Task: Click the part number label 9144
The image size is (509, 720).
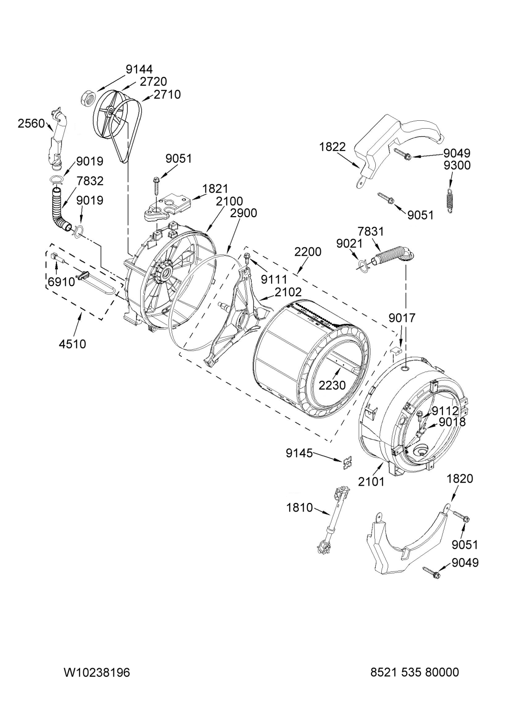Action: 139,69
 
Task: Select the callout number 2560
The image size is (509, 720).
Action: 31,124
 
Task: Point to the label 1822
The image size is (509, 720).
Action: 332,147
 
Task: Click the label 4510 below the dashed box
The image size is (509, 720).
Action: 72,344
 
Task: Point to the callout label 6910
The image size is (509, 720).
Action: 61,282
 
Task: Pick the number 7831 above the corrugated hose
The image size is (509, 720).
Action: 371,231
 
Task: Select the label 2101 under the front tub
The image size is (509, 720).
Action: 372,482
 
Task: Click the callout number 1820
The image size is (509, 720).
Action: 460,478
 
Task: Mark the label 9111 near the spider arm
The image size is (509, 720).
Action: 274,279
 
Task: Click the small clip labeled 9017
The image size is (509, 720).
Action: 396,350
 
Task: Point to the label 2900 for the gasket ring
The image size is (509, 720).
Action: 243,213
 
